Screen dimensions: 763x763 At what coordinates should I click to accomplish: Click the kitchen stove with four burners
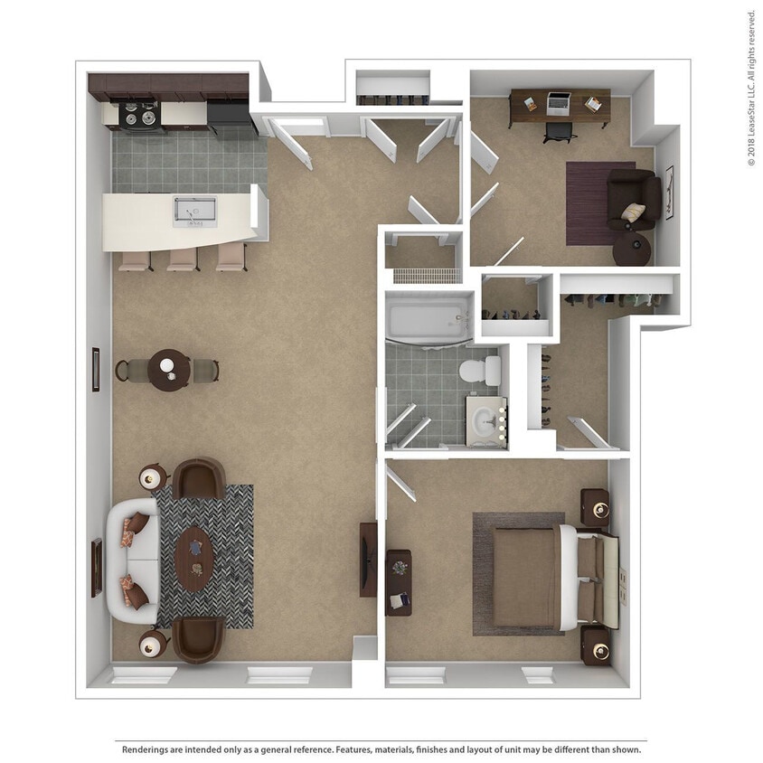140,116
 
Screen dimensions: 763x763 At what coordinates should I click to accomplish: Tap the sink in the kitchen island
194,211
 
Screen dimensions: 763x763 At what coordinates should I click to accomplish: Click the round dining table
169,370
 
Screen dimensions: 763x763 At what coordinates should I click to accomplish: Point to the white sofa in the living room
132,560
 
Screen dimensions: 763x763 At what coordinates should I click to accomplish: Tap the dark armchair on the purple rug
633,198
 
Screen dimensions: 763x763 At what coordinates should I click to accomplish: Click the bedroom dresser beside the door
399,582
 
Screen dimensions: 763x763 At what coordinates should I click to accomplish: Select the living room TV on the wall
368,559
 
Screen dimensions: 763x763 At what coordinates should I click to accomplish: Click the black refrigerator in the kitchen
230,114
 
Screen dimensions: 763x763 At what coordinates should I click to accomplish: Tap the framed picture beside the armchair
669,193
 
